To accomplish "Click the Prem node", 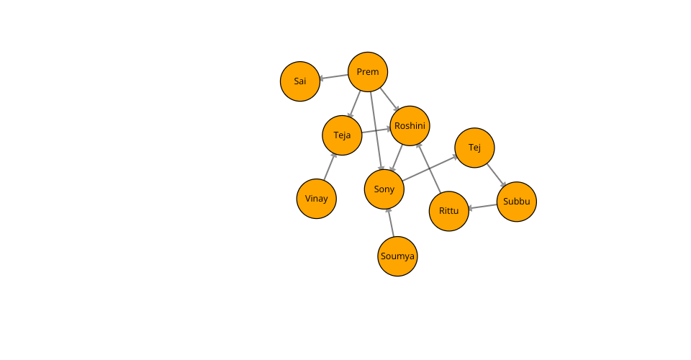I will coord(368,72).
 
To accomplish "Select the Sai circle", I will coord(300,81).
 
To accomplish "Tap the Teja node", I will coord(342,135).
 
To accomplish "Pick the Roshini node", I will coord(410,126).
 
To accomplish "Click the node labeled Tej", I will coord(474,148).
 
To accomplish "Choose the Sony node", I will coord(384,189).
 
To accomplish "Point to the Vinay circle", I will coord(317,199).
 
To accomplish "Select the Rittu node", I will coord(449,211).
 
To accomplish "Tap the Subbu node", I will coord(517,202).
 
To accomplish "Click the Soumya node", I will coord(397,256).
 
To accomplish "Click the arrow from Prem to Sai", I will coord(334,76).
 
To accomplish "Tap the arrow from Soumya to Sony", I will coord(391,222).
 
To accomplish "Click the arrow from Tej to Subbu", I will coord(496,175).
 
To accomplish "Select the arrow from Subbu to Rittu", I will coord(483,206).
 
